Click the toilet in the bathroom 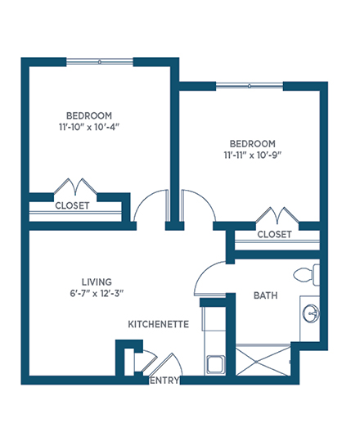click(307, 275)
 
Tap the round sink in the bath click(311, 313)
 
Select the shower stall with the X click(263, 361)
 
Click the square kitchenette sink click(215, 365)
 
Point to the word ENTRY click(164, 381)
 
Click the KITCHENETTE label click(159, 324)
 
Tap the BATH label click(266, 295)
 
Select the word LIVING click(97, 282)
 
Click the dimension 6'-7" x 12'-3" click(97, 293)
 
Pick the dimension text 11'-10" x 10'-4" click(89, 127)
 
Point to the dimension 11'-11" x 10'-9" click(253, 155)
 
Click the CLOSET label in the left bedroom click(72, 205)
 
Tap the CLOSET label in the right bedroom click(274, 234)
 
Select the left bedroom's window click(100, 61)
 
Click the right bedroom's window click(250, 86)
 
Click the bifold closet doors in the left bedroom click(75, 187)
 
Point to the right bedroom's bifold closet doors click(277, 215)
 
